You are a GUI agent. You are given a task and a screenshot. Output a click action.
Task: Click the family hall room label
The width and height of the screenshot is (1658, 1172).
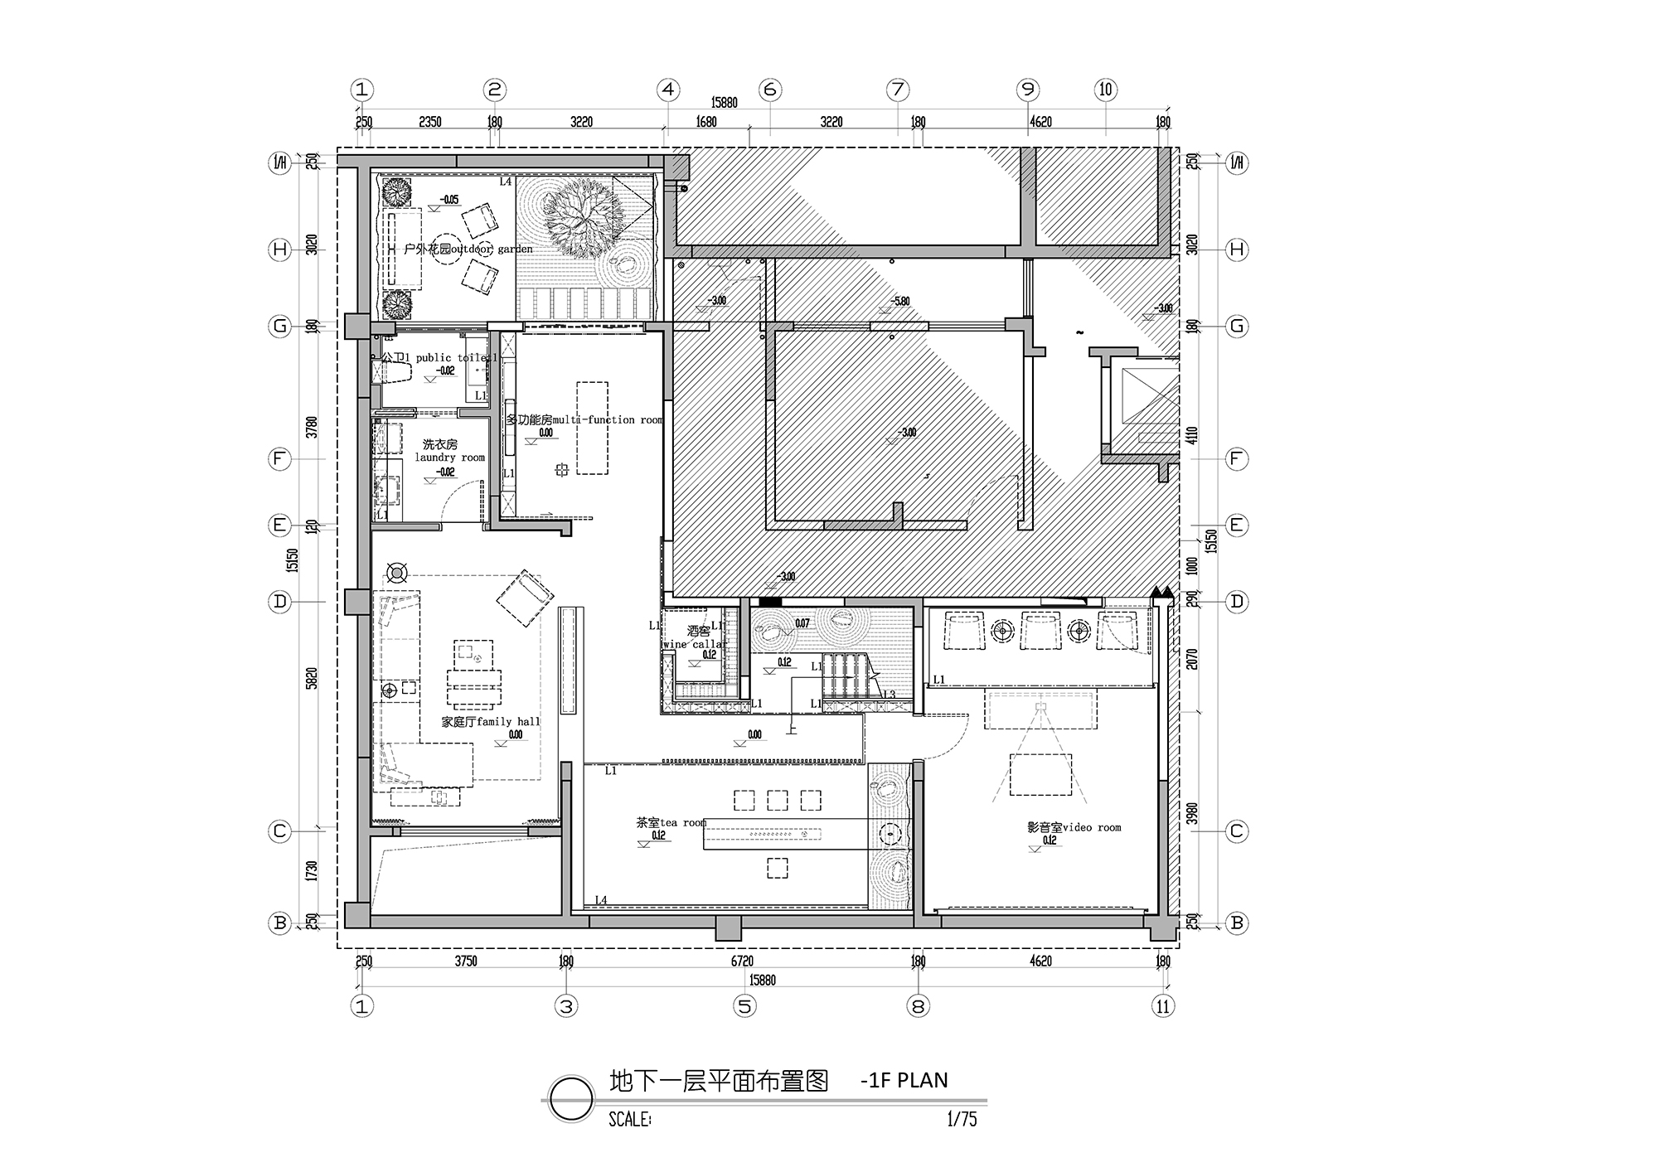(x=490, y=722)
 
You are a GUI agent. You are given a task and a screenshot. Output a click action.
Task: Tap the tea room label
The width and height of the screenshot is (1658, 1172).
(x=671, y=823)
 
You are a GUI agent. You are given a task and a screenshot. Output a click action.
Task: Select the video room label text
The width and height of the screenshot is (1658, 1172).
(x=1074, y=827)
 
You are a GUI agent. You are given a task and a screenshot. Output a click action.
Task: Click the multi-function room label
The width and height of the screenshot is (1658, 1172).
(x=584, y=420)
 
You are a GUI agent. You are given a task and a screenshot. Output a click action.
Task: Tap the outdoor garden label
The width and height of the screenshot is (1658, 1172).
(x=468, y=249)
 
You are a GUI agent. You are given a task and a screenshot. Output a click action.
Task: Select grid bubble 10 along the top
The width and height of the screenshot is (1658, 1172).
(x=1105, y=90)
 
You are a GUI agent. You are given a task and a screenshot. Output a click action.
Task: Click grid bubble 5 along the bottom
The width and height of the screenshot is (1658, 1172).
(x=744, y=1006)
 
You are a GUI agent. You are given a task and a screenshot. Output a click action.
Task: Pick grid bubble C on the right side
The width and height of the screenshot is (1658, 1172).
(x=1236, y=831)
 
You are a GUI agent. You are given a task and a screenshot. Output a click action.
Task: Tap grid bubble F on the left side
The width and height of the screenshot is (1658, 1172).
(x=280, y=458)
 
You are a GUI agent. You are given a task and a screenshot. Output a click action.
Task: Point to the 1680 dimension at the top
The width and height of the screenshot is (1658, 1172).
(x=705, y=122)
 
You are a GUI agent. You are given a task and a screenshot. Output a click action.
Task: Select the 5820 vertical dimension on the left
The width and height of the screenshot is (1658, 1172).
(x=312, y=679)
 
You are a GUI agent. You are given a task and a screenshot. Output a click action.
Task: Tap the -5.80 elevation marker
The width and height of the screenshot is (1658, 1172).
(x=899, y=302)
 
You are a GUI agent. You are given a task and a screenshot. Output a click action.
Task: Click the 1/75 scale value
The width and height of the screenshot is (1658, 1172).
(x=962, y=1120)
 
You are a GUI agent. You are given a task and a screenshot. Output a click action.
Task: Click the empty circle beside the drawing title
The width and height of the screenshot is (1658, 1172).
(x=571, y=1098)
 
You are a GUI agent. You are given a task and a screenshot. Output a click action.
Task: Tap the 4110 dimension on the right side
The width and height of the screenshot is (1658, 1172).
(x=1192, y=437)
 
